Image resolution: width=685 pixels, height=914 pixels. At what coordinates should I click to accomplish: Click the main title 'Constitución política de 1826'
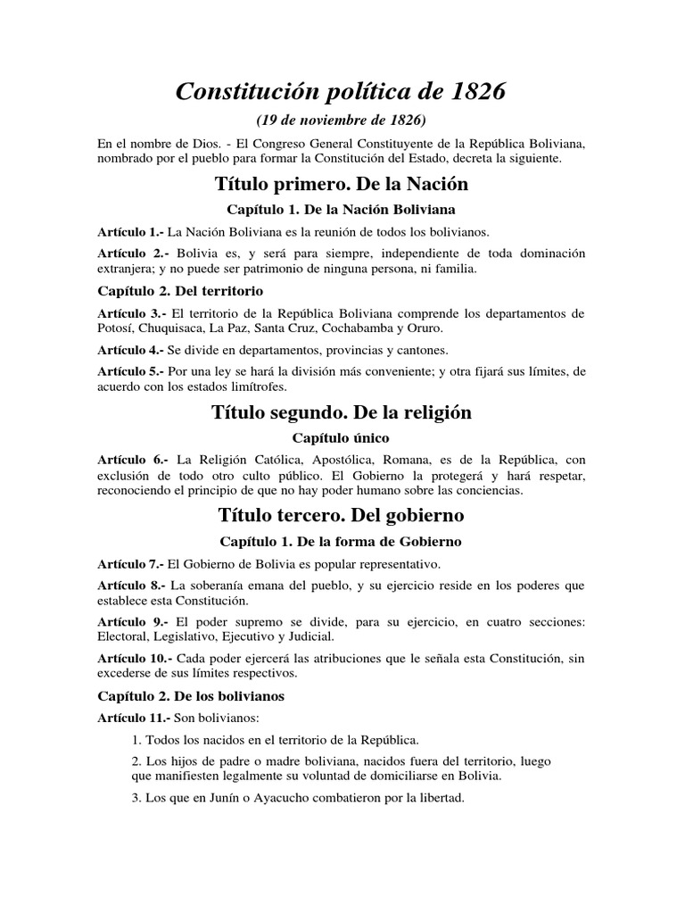point(342,90)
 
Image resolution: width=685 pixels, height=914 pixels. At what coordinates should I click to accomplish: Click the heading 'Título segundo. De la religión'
point(342,412)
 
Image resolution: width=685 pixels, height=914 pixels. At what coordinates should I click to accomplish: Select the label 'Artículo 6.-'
point(131,459)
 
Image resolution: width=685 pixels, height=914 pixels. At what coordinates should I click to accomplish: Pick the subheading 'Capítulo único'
point(342,437)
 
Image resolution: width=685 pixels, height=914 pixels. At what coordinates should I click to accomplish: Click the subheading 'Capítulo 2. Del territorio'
point(169,291)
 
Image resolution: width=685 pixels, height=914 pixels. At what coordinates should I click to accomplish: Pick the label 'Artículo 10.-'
point(135,659)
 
